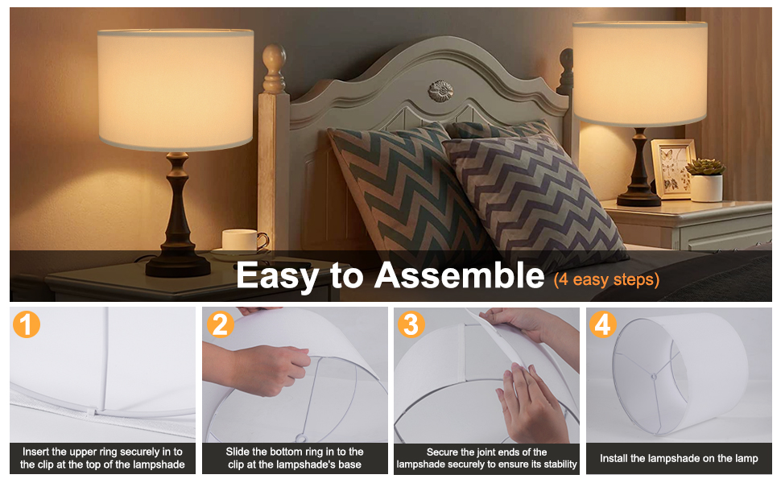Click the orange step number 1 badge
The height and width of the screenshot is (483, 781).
click(x=26, y=324)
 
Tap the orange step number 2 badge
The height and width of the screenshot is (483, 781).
click(x=220, y=324)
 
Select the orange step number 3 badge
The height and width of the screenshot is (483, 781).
click(x=411, y=324)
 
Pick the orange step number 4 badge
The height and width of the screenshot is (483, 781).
click(x=603, y=324)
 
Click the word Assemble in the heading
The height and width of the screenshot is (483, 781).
click(x=459, y=275)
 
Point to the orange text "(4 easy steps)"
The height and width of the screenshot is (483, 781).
click(x=606, y=279)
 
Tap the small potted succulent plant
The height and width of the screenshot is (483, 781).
click(x=706, y=180)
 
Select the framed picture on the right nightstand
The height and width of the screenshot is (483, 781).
click(x=672, y=169)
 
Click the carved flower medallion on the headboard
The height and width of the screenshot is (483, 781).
click(x=440, y=91)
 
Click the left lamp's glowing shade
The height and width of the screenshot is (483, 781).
click(x=176, y=89)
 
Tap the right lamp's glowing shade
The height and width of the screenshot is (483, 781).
click(x=640, y=74)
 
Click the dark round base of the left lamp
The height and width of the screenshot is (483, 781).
click(x=178, y=266)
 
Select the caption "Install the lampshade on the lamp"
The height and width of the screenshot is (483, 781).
click(x=679, y=458)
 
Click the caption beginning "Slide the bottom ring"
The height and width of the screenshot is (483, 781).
click(x=295, y=458)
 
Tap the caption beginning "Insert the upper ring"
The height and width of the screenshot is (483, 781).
click(x=102, y=458)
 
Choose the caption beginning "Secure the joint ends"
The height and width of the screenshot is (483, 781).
click(x=486, y=458)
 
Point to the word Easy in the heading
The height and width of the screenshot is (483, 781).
click(x=277, y=276)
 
